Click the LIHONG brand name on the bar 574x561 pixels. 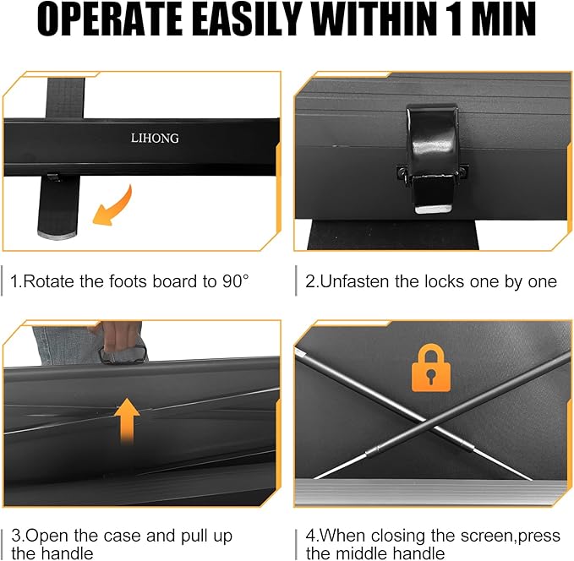click(155, 138)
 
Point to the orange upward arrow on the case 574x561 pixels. click(127, 421)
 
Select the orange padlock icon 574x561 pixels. click(431, 368)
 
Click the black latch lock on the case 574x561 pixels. click(432, 158)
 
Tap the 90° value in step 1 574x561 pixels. click(235, 281)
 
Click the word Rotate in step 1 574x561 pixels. click(48, 281)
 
